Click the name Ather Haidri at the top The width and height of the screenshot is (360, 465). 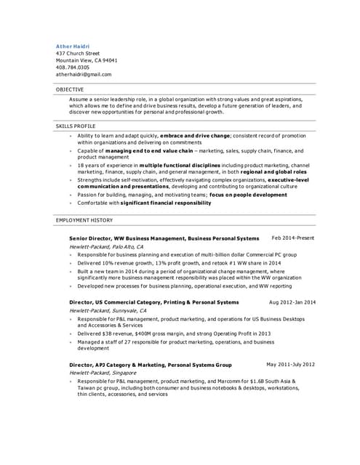click(x=73, y=46)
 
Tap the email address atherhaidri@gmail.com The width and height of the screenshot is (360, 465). click(x=84, y=74)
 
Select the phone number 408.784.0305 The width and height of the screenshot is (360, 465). click(x=73, y=67)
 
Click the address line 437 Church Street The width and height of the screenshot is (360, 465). click(x=78, y=53)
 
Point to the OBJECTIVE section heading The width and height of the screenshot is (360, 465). click(x=70, y=89)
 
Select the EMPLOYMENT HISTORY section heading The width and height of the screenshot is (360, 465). click(x=84, y=219)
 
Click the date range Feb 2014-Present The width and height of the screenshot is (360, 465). click(x=293, y=238)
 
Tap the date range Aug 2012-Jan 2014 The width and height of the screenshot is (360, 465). click(x=292, y=302)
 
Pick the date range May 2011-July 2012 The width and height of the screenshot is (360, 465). click(x=291, y=364)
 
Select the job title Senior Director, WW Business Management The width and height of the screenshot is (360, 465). click(x=127, y=238)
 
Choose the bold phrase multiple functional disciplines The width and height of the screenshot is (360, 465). click(x=180, y=165)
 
